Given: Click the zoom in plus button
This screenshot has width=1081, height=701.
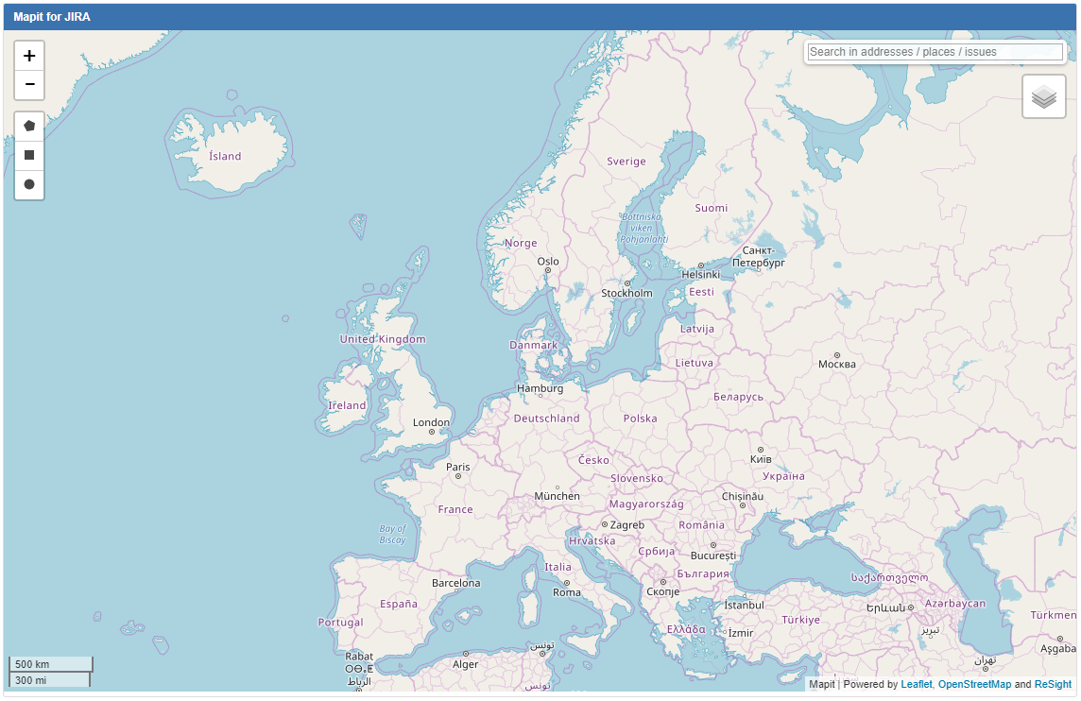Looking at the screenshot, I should pos(29,56).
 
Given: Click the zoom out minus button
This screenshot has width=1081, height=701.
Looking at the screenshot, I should pos(29,85).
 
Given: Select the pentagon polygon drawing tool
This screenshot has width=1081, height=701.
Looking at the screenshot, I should pos(29,126).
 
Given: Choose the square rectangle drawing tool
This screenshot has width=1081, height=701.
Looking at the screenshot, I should pos(29,155).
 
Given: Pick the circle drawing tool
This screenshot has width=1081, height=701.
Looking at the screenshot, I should pos(29,184).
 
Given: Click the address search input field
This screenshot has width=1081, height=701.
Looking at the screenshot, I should pos(935,52).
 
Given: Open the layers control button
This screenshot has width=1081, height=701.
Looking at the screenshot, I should pos(1043,96).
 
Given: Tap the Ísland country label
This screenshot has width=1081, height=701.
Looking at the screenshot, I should pos(225,156).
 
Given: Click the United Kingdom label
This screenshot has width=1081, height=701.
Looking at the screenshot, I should pos(383,339).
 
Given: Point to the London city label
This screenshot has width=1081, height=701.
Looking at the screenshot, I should pos(431,422).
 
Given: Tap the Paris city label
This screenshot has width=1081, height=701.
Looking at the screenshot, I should pos(458,467).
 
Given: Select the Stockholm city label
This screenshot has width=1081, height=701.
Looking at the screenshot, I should pos(626,293).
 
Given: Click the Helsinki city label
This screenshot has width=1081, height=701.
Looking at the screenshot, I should pos(700,274).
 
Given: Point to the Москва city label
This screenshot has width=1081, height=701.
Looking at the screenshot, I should pos(836,364).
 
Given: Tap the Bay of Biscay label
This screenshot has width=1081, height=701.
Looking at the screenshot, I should pos(392,535).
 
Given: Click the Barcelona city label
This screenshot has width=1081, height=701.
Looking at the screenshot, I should pos(455,583).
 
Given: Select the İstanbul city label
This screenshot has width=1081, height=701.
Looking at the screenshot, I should pos(744,605).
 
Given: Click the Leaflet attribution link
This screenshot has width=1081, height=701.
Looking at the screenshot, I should pos(916,684).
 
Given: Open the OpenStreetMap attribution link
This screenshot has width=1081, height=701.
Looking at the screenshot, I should pos(974,684).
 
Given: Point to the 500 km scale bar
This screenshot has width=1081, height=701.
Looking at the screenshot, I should pos(51,664).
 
